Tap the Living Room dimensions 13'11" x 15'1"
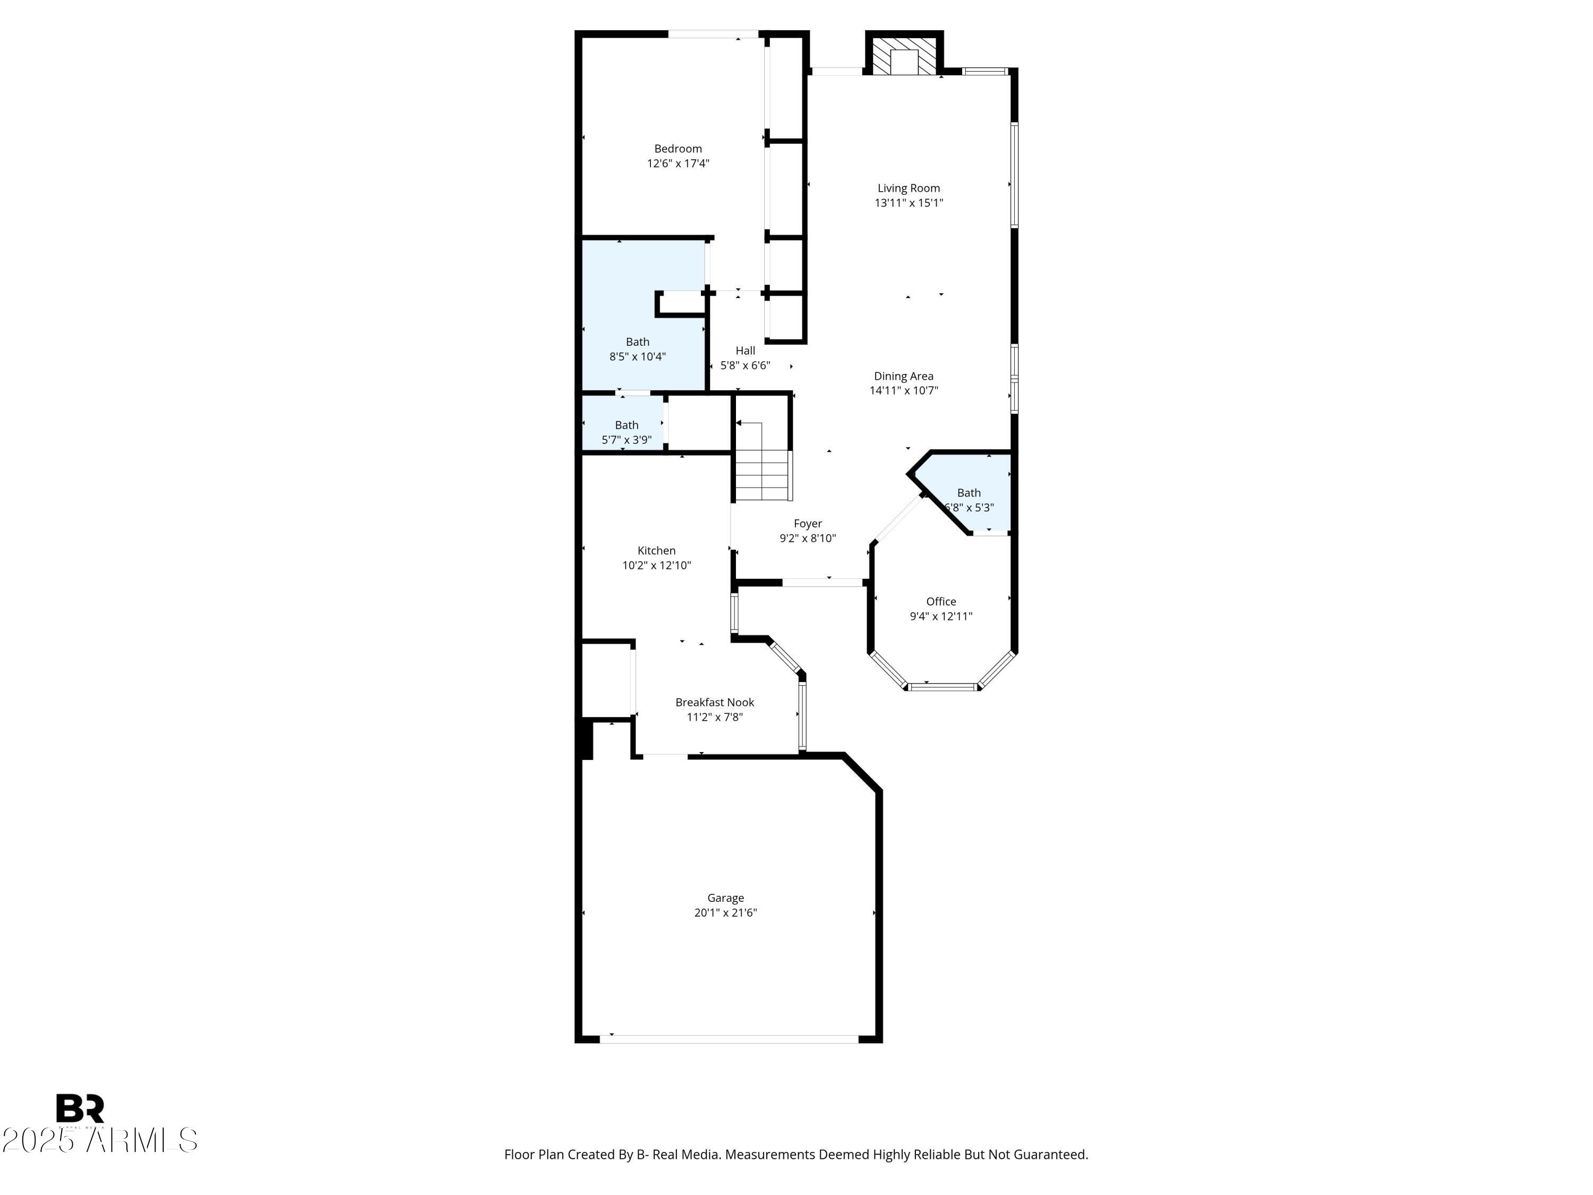click(908, 203)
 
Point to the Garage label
click(725, 898)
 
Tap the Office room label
click(940, 601)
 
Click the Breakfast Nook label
click(714, 702)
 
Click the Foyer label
click(807, 524)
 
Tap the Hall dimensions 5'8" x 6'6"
click(746, 365)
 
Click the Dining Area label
click(903, 376)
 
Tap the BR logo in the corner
click(80, 1108)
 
